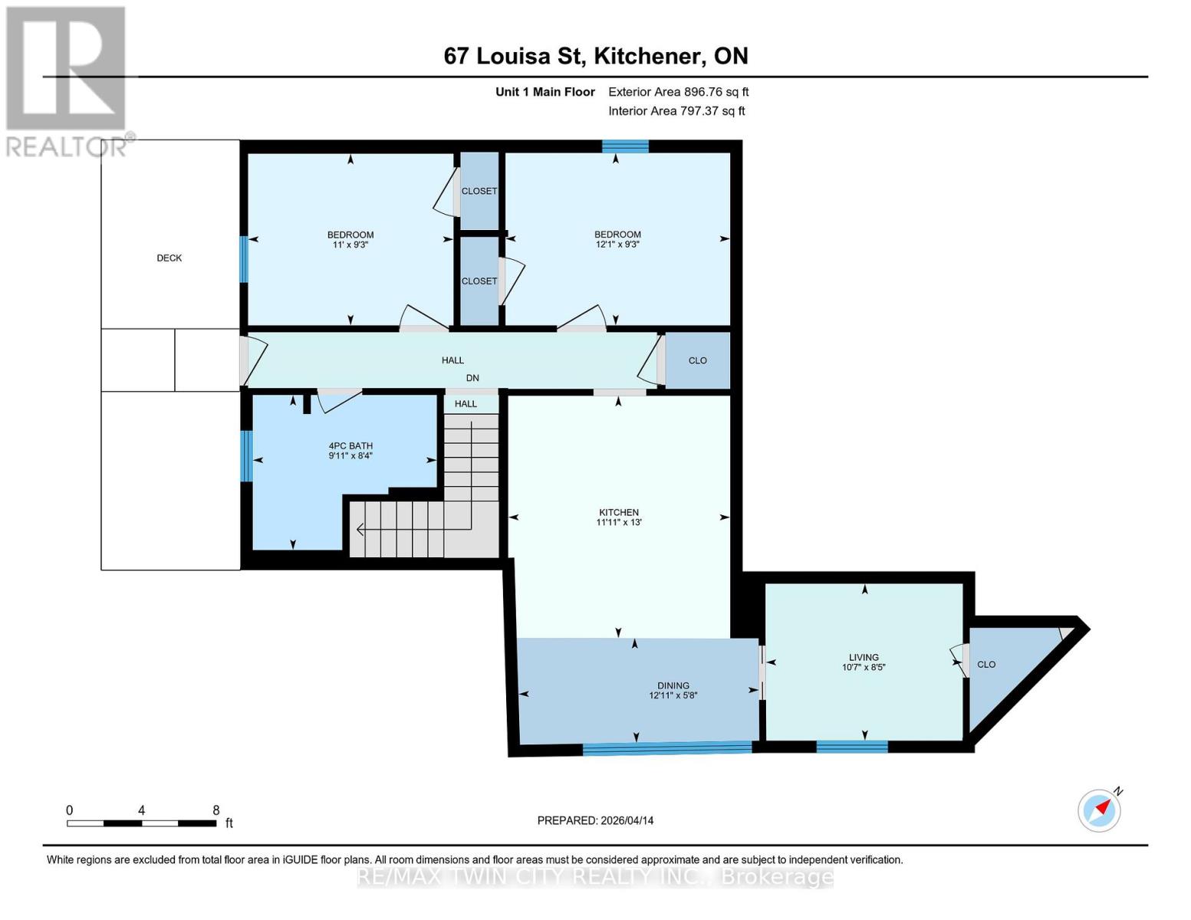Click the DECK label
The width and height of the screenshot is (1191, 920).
click(169, 258)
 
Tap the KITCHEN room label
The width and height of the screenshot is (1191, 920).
click(619, 512)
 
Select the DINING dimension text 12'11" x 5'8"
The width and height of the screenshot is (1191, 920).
click(673, 696)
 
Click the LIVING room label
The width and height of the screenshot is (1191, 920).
click(864, 657)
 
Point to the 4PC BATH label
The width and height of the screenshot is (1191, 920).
click(350, 445)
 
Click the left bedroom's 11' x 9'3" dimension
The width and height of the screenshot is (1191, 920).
click(350, 245)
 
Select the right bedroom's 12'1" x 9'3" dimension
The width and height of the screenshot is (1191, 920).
click(617, 245)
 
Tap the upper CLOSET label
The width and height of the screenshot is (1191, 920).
click(479, 191)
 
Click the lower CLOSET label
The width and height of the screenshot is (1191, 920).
click(479, 281)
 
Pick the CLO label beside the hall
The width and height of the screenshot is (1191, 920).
click(697, 360)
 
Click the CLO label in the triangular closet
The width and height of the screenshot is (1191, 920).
click(986, 665)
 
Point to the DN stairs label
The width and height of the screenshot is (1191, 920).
click(472, 378)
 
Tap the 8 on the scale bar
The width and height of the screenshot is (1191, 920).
click(215, 810)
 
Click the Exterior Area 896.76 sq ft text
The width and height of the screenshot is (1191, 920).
click(678, 92)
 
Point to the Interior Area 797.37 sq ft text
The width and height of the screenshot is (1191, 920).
click(676, 111)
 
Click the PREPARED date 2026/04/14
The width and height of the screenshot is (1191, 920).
click(595, 820)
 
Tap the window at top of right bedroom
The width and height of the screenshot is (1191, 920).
click(625, 146)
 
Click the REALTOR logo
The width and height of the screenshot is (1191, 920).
click(66, 80)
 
